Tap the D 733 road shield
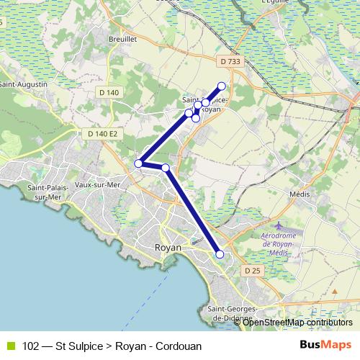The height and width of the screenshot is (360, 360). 230,62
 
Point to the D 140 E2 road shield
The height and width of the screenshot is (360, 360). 102,133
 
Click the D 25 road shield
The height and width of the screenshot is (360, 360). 251,270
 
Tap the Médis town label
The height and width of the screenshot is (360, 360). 298,194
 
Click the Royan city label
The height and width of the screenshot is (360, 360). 168,247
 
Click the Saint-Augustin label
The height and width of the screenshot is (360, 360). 24,85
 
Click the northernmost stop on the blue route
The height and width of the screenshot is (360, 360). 222,86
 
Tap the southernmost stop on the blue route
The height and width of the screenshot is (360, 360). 220,254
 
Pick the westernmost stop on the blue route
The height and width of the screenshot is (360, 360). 139,163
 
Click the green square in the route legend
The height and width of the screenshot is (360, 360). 9,346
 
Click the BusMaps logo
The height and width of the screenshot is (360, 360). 325,345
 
